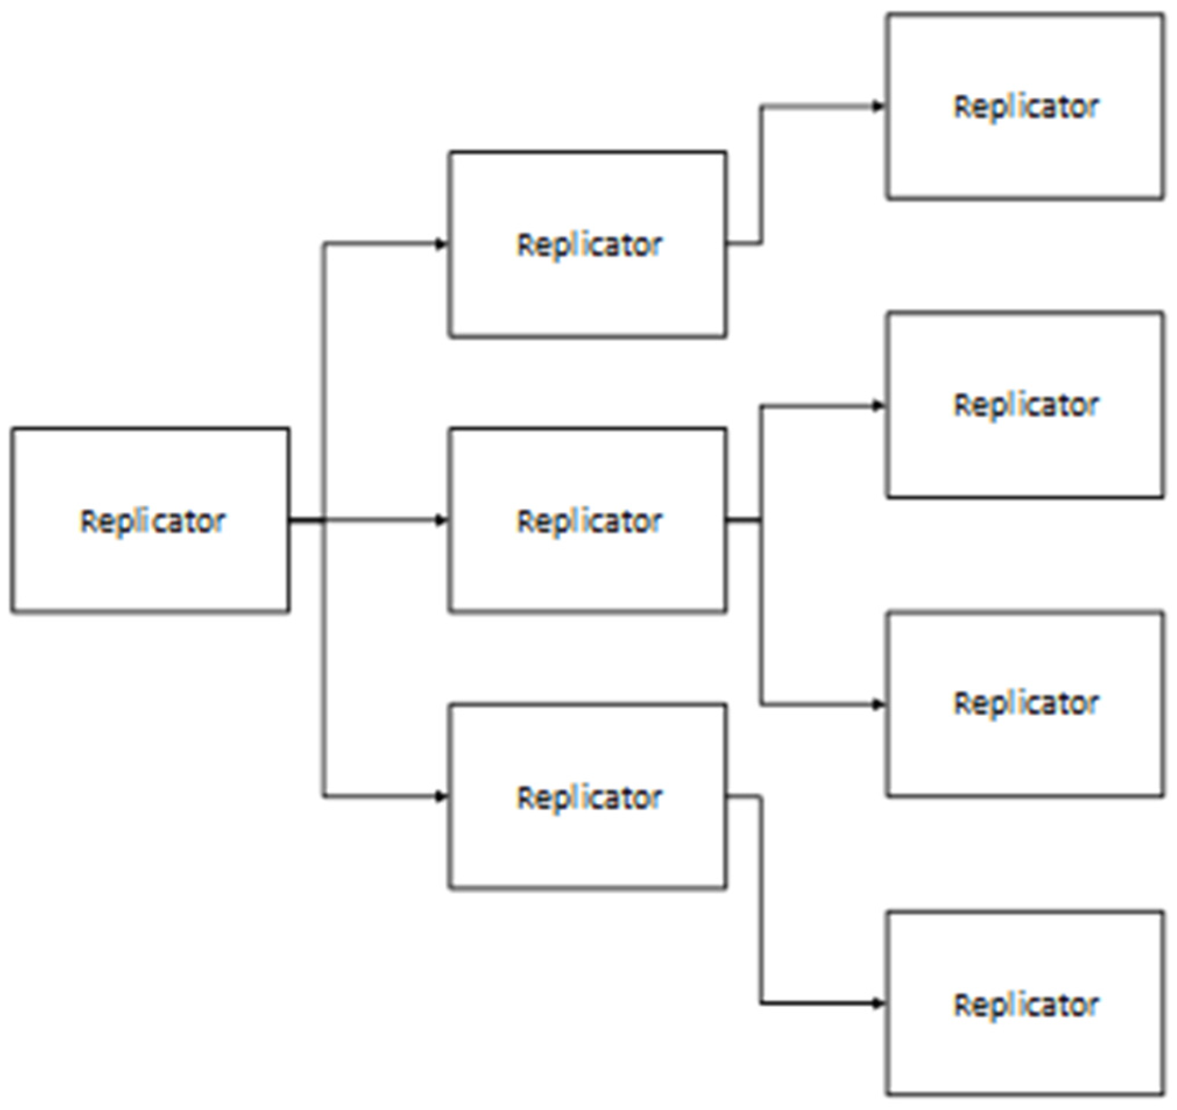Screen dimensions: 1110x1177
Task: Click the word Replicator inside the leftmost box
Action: (x=152, y=522)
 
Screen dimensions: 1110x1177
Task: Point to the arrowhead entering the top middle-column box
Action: (x=442, y=244)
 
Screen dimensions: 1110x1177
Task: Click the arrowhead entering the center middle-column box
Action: (x=442, y=520)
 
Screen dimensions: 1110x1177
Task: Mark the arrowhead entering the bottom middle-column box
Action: (x=442, y=796)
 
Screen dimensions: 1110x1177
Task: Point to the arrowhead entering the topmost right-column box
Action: (x=878, y=107)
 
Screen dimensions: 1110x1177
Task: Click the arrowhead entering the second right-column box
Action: (x=878, y=406)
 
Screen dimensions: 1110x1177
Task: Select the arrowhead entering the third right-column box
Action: (x=878, y=704)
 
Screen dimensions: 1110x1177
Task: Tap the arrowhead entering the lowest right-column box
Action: (x=878, y=1003)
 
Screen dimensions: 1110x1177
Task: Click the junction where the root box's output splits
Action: (x=323, y=520)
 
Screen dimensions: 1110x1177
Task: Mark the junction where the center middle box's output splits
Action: (x=761, y=520)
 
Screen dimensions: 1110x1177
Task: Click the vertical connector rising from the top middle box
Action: (x=761, y=175)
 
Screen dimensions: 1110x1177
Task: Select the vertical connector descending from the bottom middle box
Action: (x=761, y=900)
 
